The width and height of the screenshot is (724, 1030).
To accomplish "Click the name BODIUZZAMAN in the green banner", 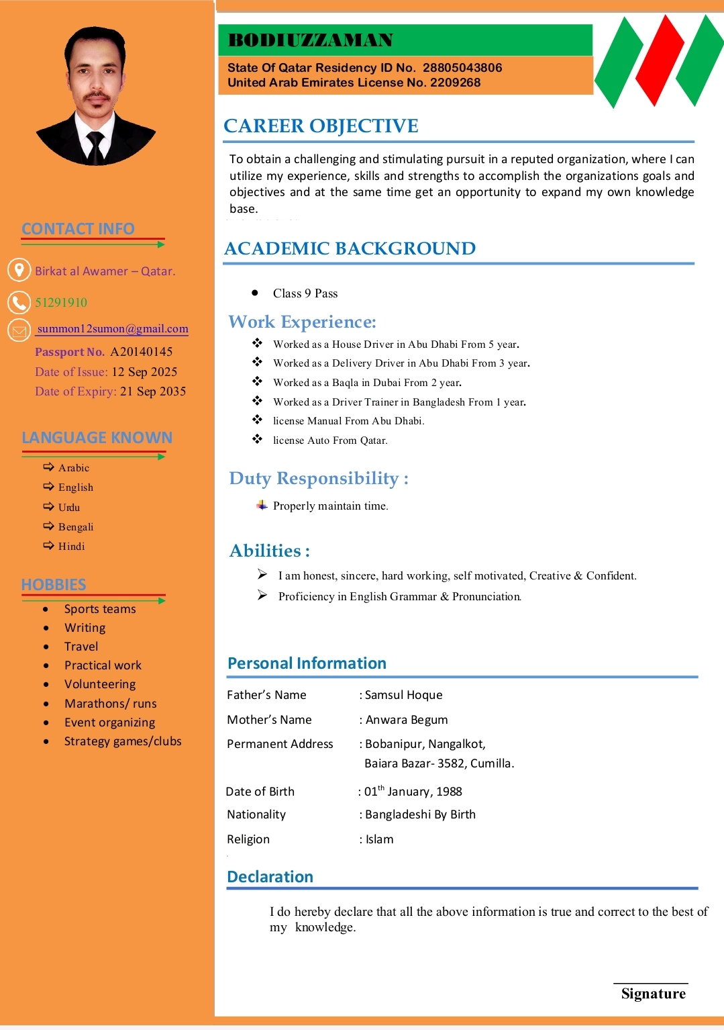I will click(311, 40).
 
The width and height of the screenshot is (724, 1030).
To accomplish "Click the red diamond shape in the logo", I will click(659, 60).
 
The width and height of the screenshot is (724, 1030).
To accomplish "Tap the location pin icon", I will click(19, 270).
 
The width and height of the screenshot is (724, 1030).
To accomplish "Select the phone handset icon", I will click(19, 302).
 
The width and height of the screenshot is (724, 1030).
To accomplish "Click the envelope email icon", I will click(19, 330).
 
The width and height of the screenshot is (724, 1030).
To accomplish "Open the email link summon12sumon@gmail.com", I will click(113, 329).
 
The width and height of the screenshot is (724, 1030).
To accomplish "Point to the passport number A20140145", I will click(142, 352).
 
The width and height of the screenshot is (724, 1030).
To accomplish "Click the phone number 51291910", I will click(61, 303).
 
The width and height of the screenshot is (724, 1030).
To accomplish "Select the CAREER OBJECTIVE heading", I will click(321, 126).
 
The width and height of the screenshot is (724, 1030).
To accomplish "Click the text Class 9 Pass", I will click(305, 293).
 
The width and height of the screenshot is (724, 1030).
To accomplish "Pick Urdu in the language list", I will click(69, 508).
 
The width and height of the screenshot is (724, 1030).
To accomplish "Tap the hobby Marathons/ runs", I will click(111, 704).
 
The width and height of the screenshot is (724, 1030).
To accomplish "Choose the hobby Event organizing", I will click(109, 722).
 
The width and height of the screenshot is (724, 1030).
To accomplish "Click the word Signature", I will click(653, 994).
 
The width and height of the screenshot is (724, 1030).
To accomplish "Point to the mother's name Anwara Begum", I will click(407, 720).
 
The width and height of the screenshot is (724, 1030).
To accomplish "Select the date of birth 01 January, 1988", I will click(413, 792).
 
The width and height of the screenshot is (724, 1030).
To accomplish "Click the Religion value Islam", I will click(380, 839).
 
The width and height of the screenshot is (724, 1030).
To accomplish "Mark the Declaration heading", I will click(270, 877).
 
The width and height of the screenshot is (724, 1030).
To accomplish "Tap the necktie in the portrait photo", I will click(95, 145).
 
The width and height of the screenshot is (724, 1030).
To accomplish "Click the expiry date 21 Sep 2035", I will click(153, 391).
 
